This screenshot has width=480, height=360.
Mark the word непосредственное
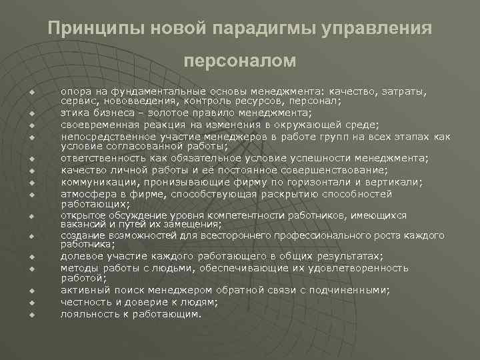coord(104,135)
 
